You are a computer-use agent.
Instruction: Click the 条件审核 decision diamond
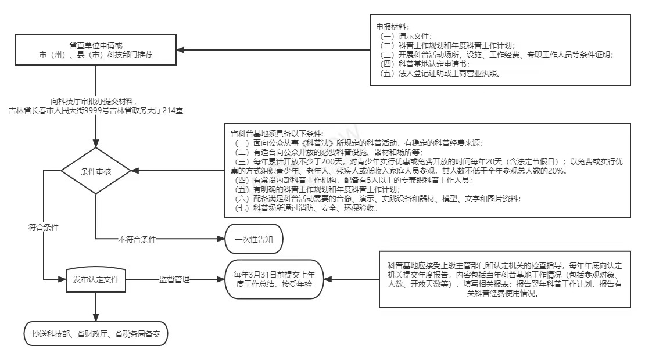[96, 171]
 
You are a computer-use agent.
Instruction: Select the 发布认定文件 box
[96, 279]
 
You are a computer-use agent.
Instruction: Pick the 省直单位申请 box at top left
[96, 51]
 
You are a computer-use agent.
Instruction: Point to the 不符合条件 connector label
[137, 238]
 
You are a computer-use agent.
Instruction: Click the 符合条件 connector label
[44, 227]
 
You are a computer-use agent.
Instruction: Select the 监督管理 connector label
[174, 279]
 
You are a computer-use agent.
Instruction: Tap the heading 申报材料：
[393, 27]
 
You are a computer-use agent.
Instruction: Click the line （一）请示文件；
[406, 36]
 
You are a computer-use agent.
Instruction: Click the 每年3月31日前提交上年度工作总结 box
[274, 279]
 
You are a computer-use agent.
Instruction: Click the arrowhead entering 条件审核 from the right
[134, 171]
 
